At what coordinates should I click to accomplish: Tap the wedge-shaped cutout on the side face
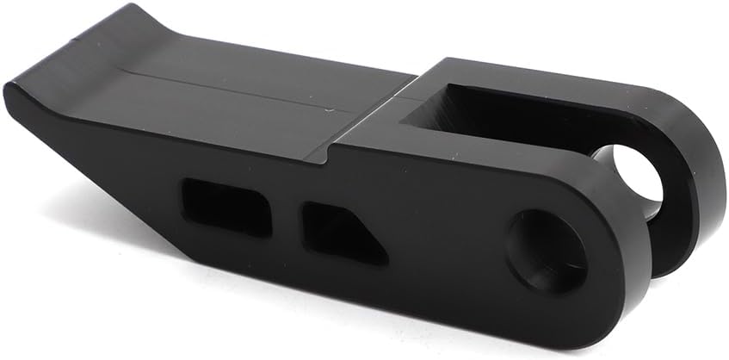click(341, 230)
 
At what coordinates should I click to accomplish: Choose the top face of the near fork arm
click(482, 155)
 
